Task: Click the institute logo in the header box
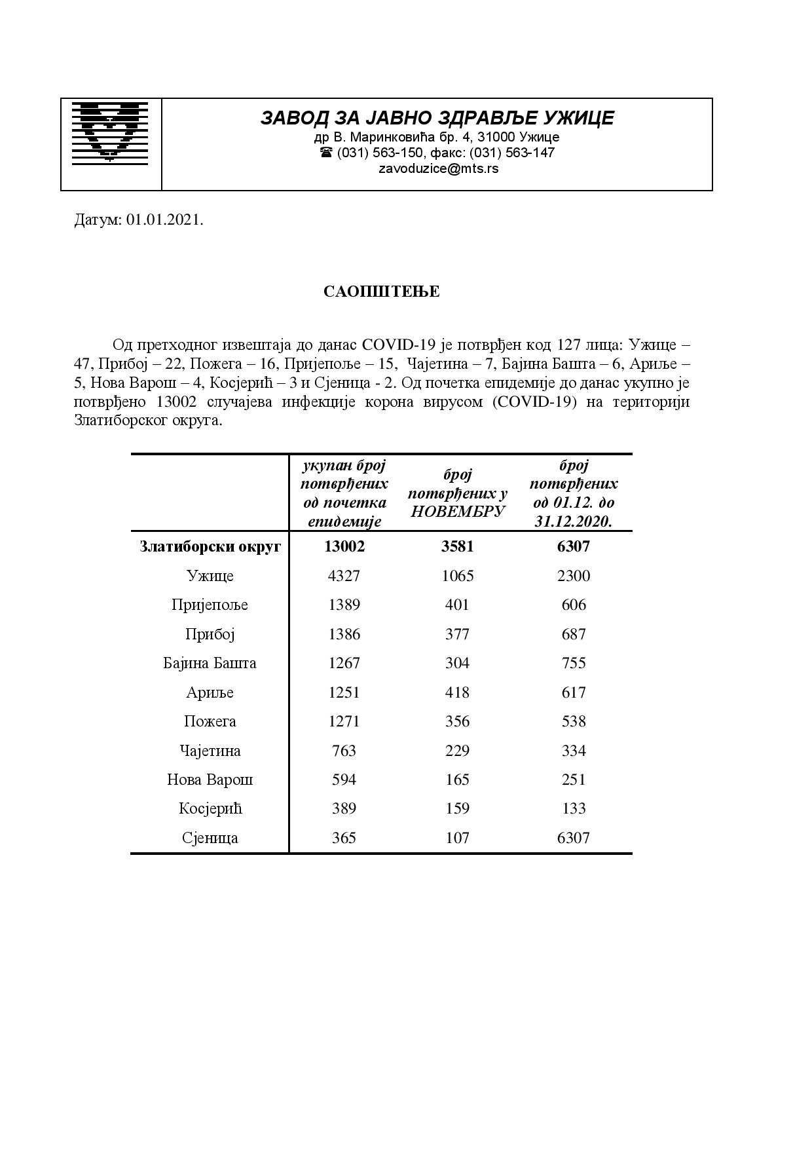click(x=110, y=131)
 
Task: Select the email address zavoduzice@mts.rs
click(x=438, y=168)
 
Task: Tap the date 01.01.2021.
click(x=165, y=220)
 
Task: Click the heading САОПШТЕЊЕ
click(x=381, y=292)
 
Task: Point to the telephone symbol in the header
click(x=326, y=153)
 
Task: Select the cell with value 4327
click(x=344, y=576)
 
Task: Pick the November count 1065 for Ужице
click(x=457, y=576)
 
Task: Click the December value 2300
click(x=573, y=576)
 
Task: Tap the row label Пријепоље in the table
click(x=210, y=605)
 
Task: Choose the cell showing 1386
click(x=344, y=634)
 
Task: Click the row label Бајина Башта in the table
click(x=210, y=663)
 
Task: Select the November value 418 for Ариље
click(x=457, y=692)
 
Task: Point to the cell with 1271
click(x=344, y=721)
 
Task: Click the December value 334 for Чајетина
click(x=573, y=751)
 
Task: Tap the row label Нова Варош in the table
click(x=210, y=780)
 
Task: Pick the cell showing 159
click(x=457, y=808)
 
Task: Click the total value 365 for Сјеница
click(x=344, y=838)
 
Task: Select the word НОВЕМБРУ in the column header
click(x=457, y=512)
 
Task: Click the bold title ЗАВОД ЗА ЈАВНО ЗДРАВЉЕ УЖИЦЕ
click(x=437, y=118)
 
